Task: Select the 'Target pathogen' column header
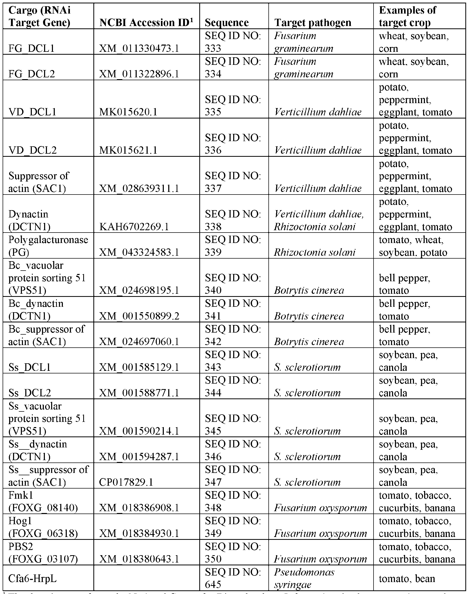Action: click(x=313, y=22)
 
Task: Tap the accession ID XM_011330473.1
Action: click(x=139, y=48)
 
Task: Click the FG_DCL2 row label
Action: click(x=32, y=74)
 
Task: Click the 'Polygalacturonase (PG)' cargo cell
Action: click(x=48, y=246)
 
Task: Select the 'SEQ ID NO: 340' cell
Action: click(x=233, y=284)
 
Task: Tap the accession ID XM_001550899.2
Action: click(x=139, y=316)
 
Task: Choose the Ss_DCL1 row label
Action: click(x=30, y=367)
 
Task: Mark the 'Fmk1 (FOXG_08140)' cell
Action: click(x=43, y=501)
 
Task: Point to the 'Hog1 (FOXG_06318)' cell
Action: click(x=43, y=527)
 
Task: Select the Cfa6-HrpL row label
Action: click(x=32, y=579)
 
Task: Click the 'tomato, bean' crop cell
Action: click(x=407, y=579)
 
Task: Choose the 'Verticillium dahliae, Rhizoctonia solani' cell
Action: click(x=319, y=220)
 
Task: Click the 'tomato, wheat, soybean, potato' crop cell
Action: click(x=413, y=246)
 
